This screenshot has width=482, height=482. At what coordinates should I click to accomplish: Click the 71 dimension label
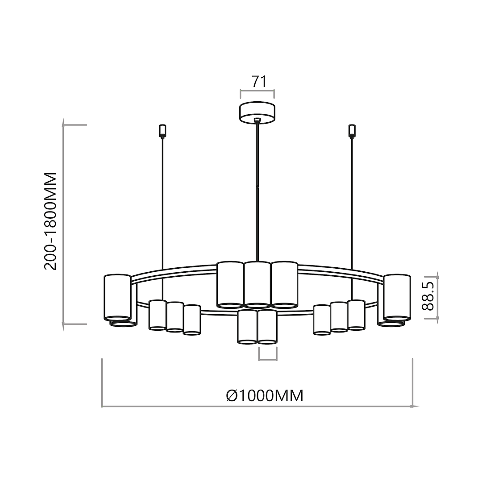pos(259,82)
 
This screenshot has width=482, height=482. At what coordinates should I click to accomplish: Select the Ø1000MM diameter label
pos(265,395)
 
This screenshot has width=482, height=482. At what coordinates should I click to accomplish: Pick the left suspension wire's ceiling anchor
pos(162,130)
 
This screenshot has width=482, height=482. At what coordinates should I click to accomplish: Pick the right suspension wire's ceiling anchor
pos(352,130)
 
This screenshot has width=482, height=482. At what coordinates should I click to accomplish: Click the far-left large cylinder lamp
pos(117,297)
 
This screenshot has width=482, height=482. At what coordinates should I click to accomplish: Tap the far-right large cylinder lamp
pos(397,297)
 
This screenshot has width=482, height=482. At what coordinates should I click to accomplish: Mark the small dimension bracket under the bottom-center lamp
pos(268,355)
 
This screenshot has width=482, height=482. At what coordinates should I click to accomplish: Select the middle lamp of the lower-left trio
pos(175,317)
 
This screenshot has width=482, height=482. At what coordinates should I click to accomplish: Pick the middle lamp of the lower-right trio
pos(339,317)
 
